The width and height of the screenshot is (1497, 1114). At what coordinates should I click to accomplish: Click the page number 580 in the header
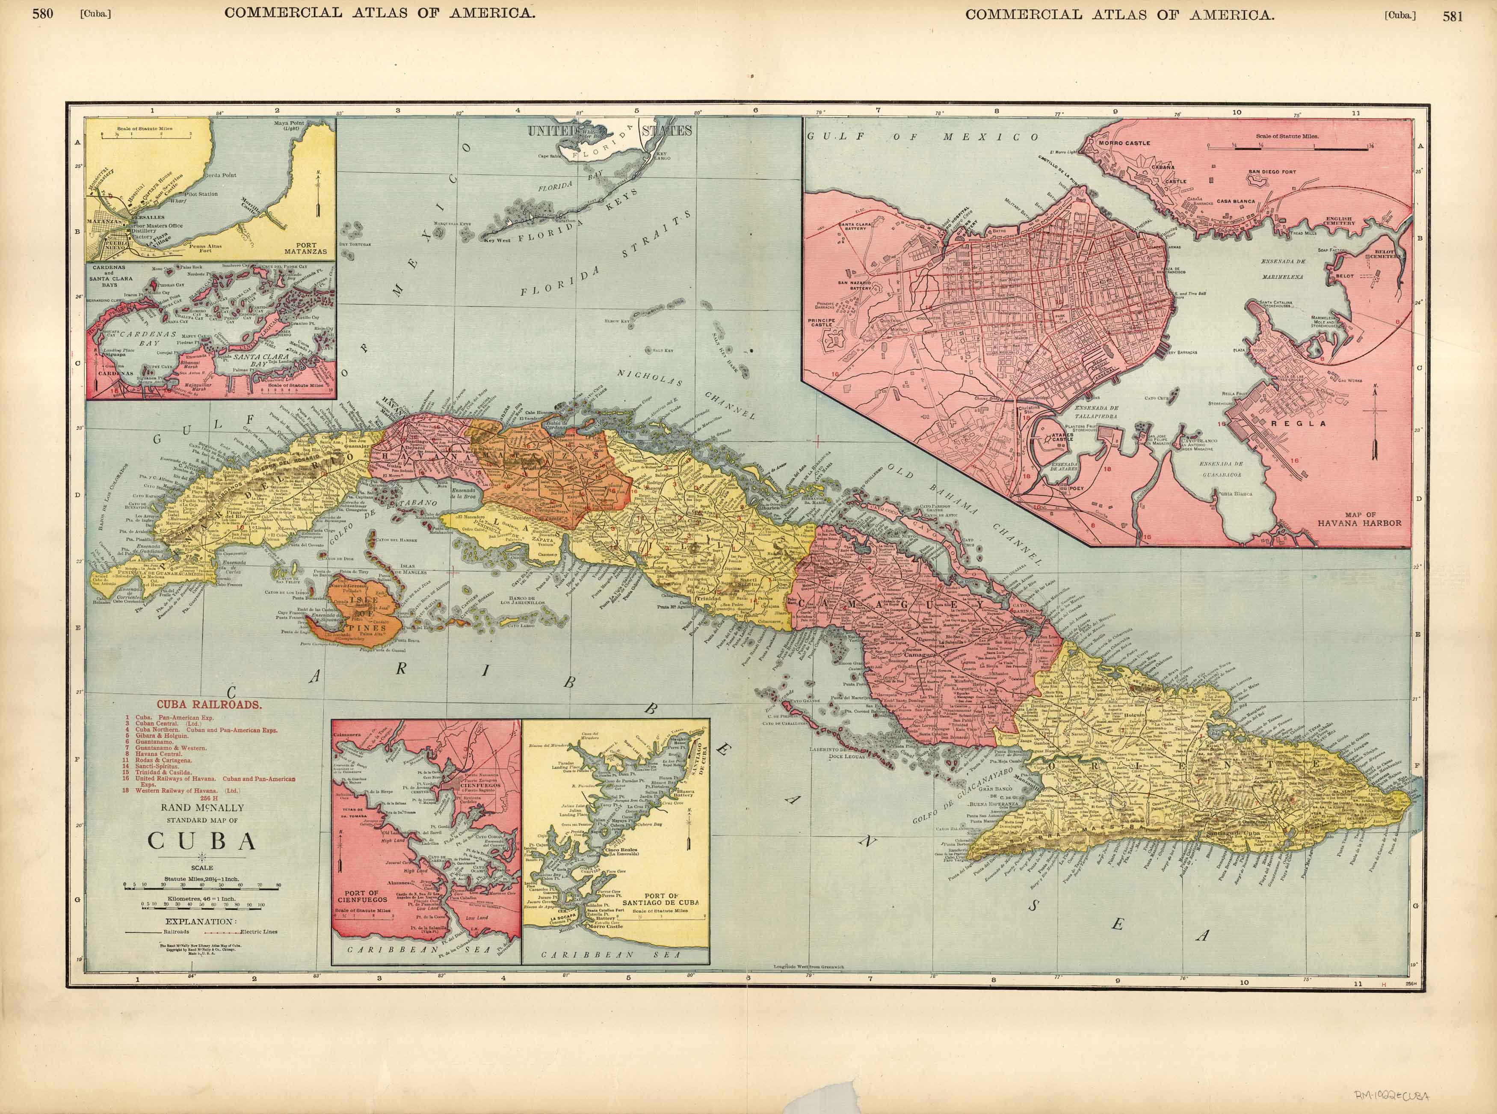[42, 16]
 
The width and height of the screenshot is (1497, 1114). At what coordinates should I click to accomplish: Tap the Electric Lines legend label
[259, 932]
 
